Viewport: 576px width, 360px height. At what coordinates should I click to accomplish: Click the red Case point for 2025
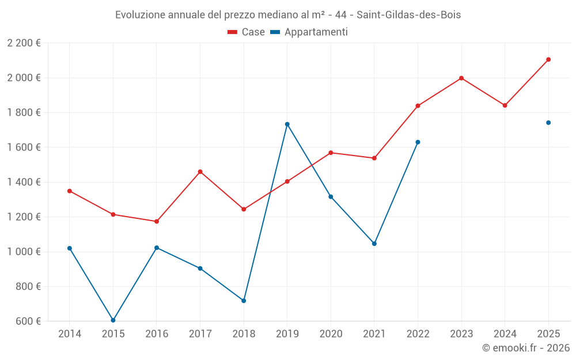coord(548,59)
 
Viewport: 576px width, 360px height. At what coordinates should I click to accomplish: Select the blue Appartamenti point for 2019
coord(287,124)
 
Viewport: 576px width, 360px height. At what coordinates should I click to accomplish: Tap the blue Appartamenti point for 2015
coord(113,320)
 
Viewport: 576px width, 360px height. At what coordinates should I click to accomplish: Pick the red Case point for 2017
coord(200,172)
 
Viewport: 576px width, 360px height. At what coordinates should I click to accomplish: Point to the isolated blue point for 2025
coord(548,123)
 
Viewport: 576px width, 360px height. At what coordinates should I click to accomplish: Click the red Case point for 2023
coord(461,78)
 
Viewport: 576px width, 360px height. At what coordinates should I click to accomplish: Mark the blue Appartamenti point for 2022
coord(418,142)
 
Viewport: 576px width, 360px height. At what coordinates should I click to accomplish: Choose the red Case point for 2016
coord(157,221)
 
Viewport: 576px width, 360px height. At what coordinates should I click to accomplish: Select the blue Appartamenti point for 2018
coord(244,301)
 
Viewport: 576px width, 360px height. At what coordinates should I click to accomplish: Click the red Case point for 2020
coord(331,153)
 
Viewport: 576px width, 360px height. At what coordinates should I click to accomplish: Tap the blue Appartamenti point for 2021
coord(374,244)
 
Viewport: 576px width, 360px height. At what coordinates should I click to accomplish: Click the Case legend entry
coord(247,32)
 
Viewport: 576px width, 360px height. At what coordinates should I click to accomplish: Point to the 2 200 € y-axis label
coord(24,43)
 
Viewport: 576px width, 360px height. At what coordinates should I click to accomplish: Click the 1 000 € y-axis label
coord(24,252)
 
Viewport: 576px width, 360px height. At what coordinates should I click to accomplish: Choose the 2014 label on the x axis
coord(70,334)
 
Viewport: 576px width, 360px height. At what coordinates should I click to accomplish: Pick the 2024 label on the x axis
coord(505,334)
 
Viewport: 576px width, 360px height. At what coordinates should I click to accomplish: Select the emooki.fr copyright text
coord(525,348)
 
